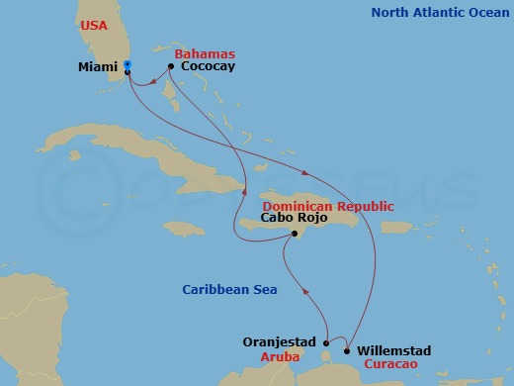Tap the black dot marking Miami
tap(128, 72)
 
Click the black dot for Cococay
tap(171, 66)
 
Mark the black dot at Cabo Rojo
tap(294, 234)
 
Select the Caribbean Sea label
tap(229, 290)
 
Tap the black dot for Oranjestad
tap(326, 343)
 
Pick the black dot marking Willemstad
tap(347, 349)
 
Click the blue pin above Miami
tap(128, 65)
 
